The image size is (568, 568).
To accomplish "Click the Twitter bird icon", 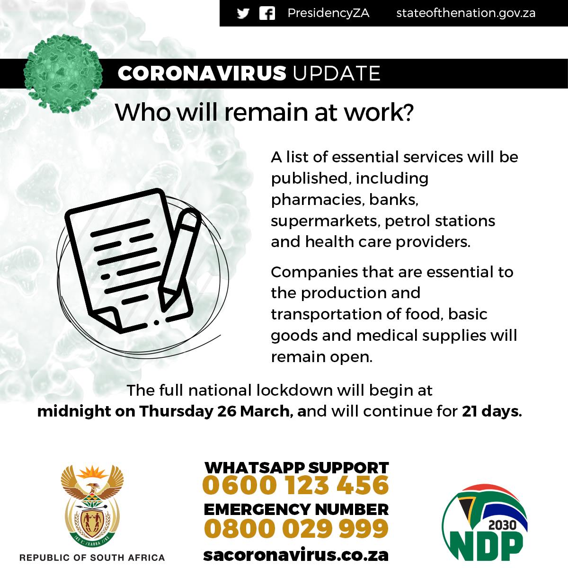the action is (x=243, y=13).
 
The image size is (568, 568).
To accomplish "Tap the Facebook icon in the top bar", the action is (x=267, y=13).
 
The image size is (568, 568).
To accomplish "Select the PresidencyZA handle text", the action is (x=328, y=13).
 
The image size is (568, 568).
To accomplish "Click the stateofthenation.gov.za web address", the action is (x=466, y=13).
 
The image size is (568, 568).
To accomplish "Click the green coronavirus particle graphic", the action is (x=63, y=74).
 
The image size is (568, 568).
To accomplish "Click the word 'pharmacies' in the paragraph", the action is (x=316, y=200).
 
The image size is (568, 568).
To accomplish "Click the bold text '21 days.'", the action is (x=492, y=411).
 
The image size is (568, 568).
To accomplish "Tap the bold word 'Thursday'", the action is (x=176, y=411).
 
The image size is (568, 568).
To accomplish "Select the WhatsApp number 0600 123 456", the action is (x=296, y=485).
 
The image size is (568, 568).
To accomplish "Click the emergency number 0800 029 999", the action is (x=296, y=529).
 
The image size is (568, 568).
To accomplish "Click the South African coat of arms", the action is (x=92, y=506).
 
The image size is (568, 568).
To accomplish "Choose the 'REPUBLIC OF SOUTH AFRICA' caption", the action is (x=92, y=558).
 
